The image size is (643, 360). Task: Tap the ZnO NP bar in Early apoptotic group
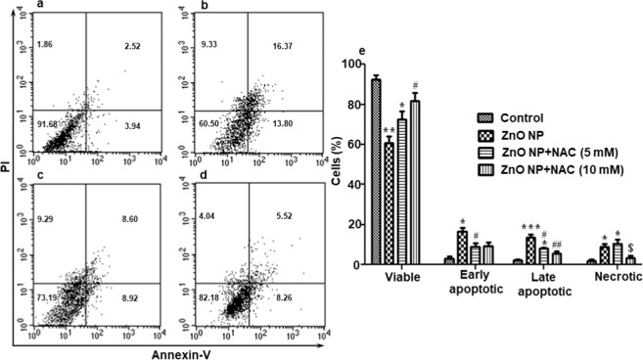coord(462,247)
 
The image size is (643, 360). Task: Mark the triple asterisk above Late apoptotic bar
coord(528,226)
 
